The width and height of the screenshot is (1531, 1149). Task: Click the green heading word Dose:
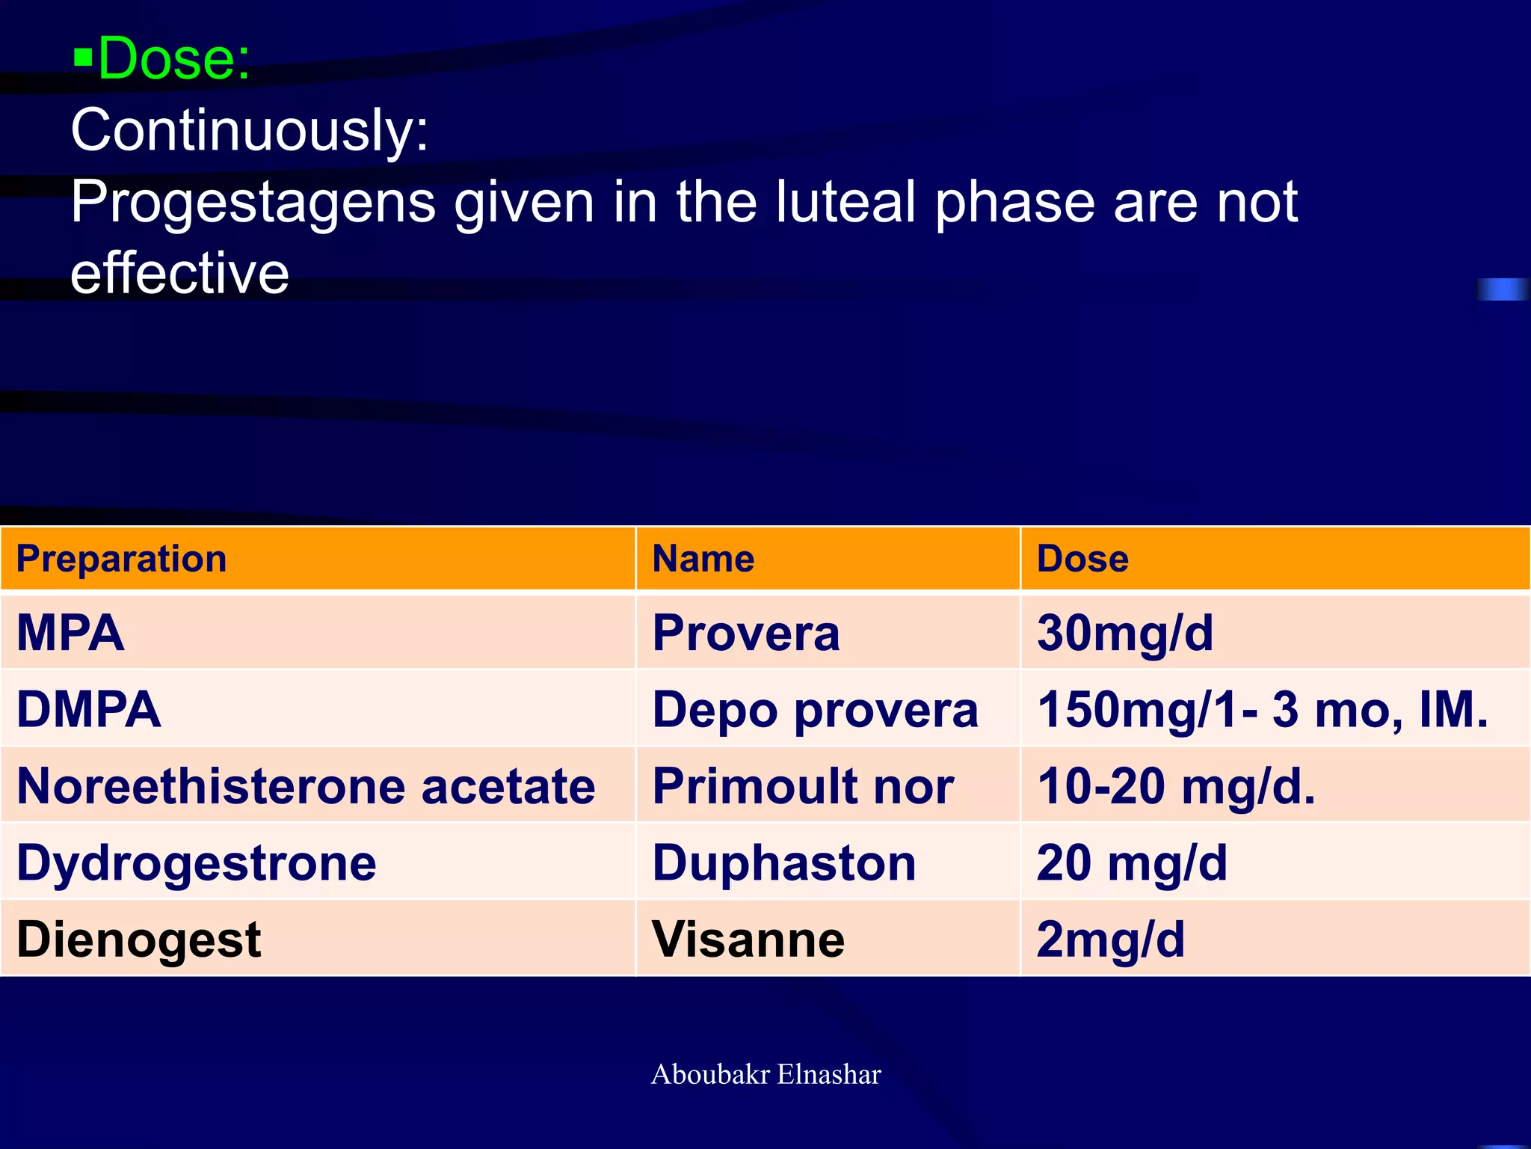click(x=174, y=58)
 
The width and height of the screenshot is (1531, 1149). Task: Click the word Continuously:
click(x=250, y=130)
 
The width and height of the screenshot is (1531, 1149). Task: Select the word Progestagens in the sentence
click(x=253, y=203)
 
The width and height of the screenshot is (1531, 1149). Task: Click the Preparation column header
click(x=121, y=559)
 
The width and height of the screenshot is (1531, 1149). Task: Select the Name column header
click(x=703, y=559)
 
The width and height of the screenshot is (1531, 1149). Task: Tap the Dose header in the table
click(x=1082, y=559)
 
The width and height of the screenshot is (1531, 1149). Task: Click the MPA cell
click(x=70, y=633)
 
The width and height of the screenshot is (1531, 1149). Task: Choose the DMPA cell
click(x=88, y=709)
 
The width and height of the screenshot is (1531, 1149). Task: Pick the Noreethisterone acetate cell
click(x=305, y=786)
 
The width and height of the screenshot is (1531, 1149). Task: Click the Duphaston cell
click(x=783, y=862)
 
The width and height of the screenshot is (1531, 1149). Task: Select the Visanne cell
click(x=748, y=939)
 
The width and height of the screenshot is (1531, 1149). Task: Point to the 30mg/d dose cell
click(x=1124, y=633)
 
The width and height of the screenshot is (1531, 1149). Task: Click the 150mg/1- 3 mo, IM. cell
click(x=1262, y=709)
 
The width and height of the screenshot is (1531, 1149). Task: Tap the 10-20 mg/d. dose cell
click(x=1175, y=786)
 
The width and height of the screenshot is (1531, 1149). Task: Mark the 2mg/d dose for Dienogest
click(x=1110, y=939)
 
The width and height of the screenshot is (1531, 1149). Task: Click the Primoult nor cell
click(x=803, y=786)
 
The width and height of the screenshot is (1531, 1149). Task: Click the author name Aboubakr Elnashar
click(x=765, y=1074)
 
